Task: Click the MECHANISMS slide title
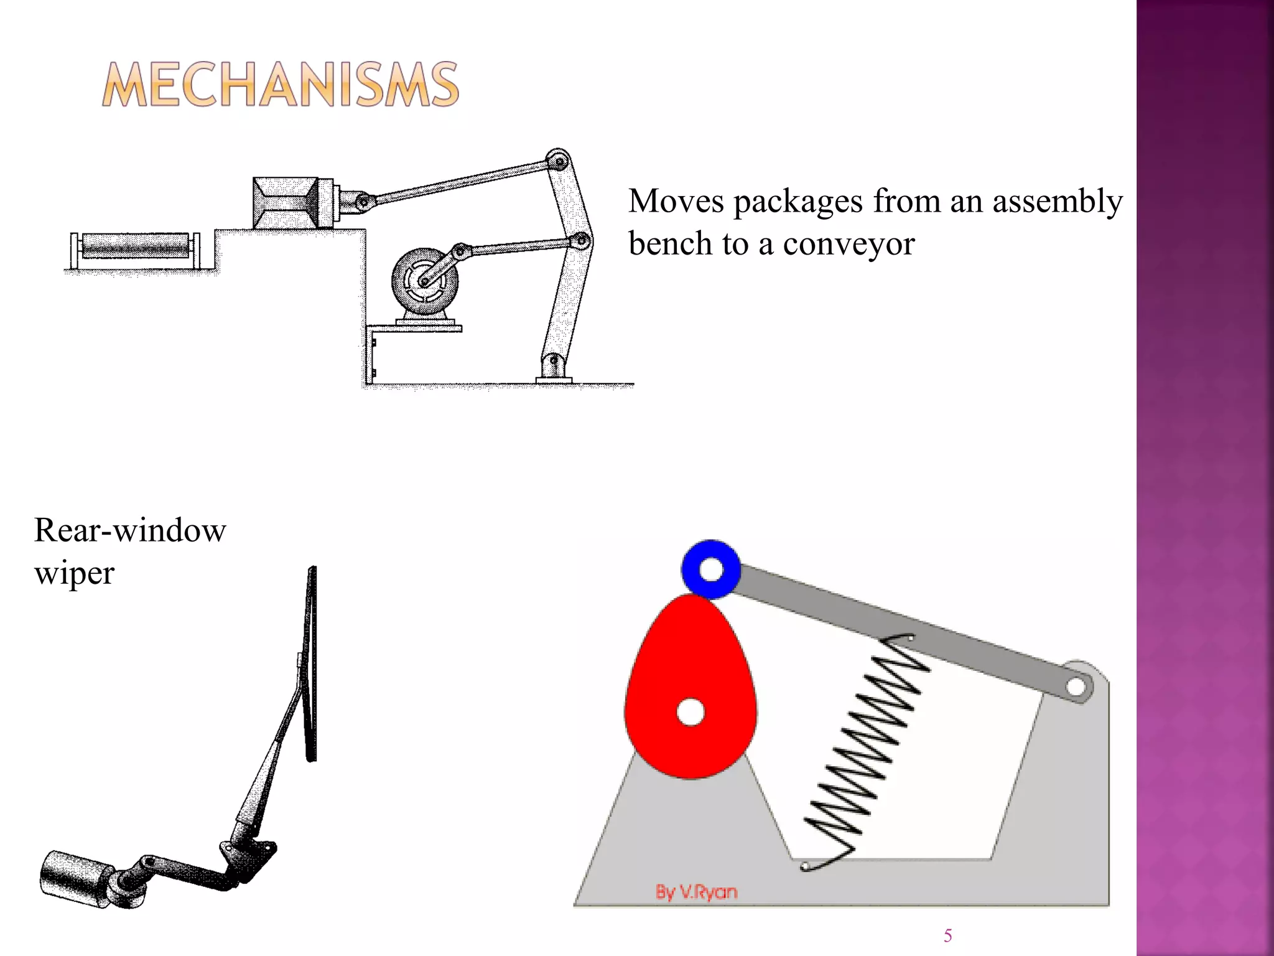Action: point(280,85)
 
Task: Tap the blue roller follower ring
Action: point(710,569)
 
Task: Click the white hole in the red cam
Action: point(690,712)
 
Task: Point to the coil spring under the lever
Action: point(865,747)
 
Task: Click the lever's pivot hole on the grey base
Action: point(1075,687)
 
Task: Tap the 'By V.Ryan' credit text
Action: point(696,892)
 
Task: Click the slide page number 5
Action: point(947,935)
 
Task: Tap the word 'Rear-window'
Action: point(130,530)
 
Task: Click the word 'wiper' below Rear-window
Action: point(74,573)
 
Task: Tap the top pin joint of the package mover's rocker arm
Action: point(557,159)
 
